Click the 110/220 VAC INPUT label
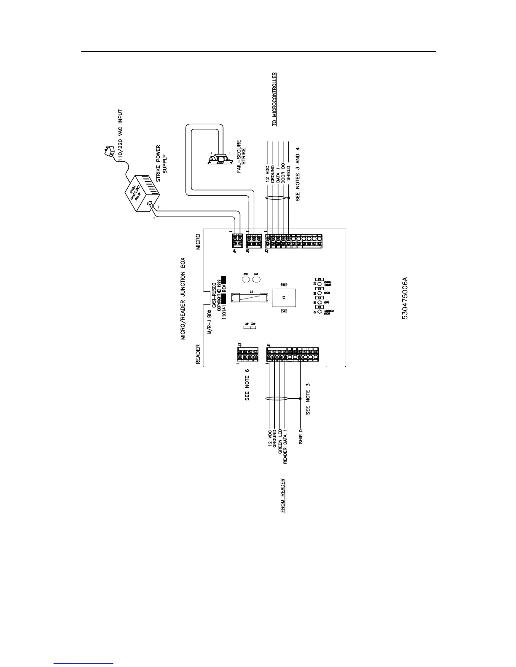tap(121, 136)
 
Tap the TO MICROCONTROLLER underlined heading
tap(274, 99)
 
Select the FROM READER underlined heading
tap(283, 495)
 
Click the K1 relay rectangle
tap(284, 297)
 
